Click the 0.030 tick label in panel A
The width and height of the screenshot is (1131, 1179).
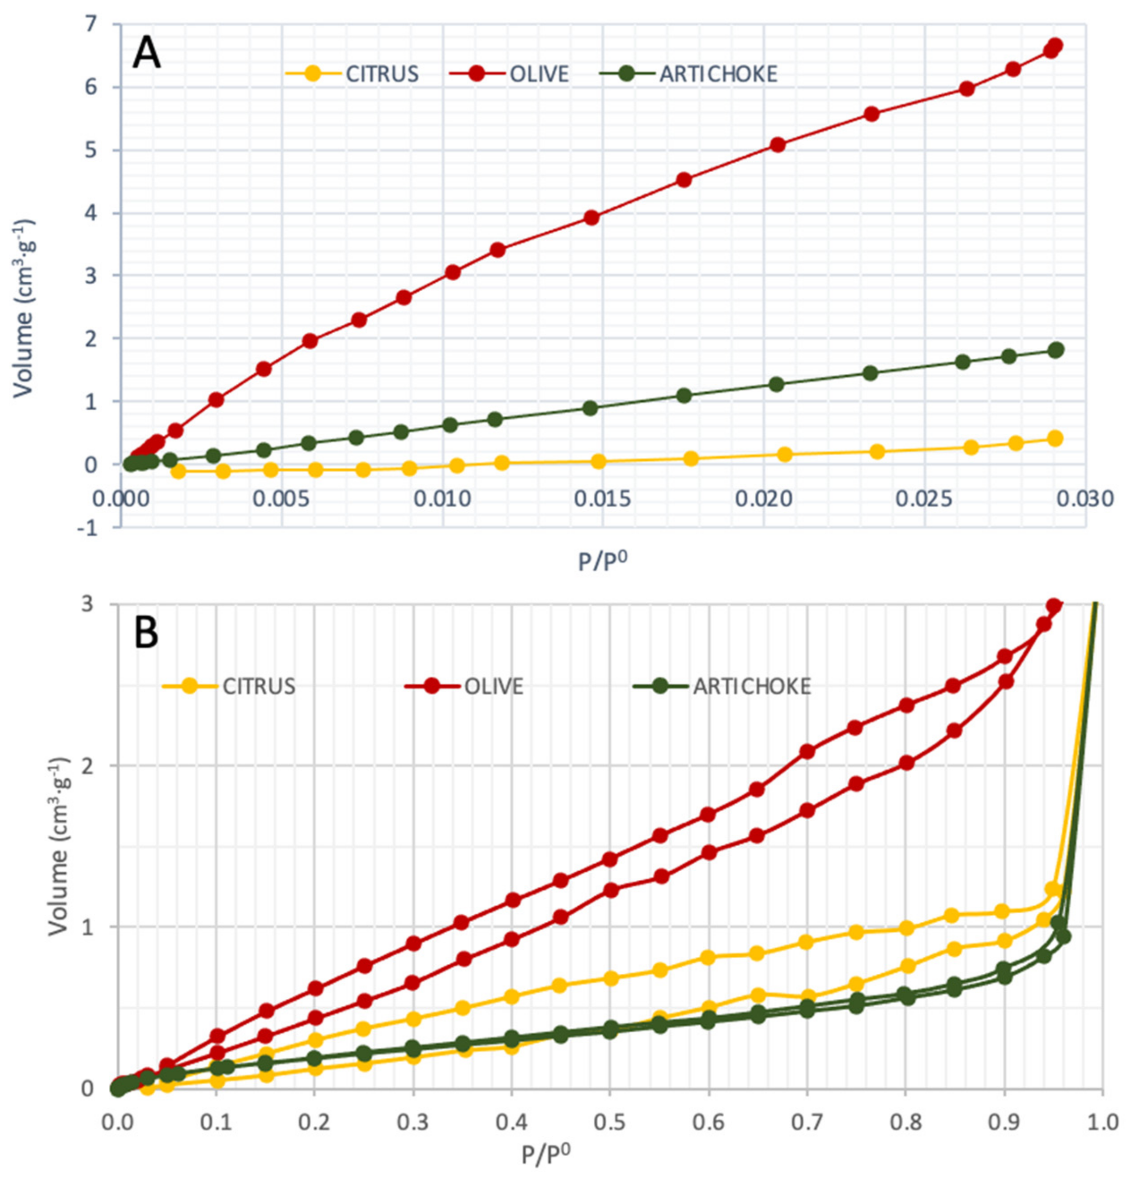click(x=1084, y=499)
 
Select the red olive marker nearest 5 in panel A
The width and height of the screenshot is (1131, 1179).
click(x=778, y=144)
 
